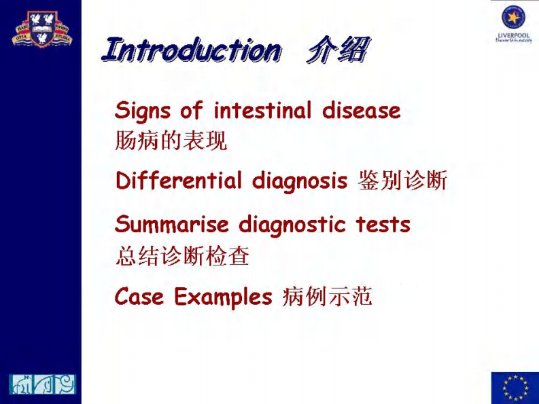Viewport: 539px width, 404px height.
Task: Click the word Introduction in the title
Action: pos(191,51)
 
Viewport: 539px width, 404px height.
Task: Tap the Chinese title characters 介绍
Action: pos(337,51)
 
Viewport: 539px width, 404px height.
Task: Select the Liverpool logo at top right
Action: pos(514,24)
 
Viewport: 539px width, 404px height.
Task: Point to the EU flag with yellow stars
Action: pos(515,388)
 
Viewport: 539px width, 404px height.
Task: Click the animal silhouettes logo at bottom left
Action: pos(42,384)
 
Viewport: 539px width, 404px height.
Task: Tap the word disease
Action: pos(361,110)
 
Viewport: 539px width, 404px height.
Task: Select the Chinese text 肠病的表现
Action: pos(171,141)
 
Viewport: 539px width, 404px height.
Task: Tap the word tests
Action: pos(383,225)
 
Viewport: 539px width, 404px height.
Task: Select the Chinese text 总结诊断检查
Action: pos(183,256)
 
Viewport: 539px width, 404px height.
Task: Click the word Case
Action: pos(139,297)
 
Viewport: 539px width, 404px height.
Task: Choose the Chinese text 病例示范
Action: pos(327,297)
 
